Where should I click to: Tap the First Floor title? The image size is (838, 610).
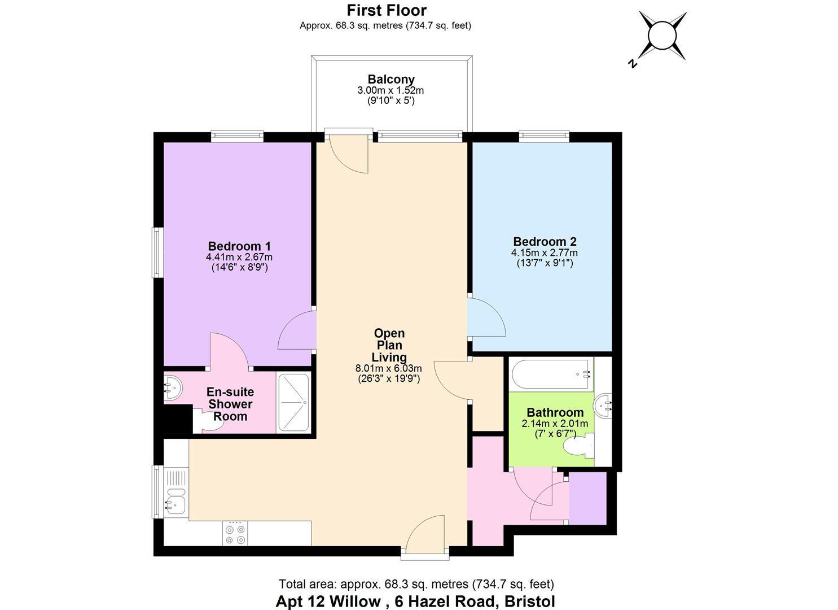click(386, 10)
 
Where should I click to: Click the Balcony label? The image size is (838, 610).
click(391, 80)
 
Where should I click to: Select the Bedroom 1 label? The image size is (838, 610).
click(239, 246)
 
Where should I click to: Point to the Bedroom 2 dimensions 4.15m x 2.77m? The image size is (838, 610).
click(544, 253)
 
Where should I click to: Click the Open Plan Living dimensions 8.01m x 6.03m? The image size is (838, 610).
click(389, 368)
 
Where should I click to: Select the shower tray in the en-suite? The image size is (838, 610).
click(293, 403)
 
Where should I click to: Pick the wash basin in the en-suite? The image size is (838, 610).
click(172, 387)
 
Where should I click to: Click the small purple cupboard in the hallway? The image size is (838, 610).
click(587, 499)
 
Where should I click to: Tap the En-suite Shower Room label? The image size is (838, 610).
click(230, 404)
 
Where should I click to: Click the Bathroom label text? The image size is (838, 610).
click(555, 412)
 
